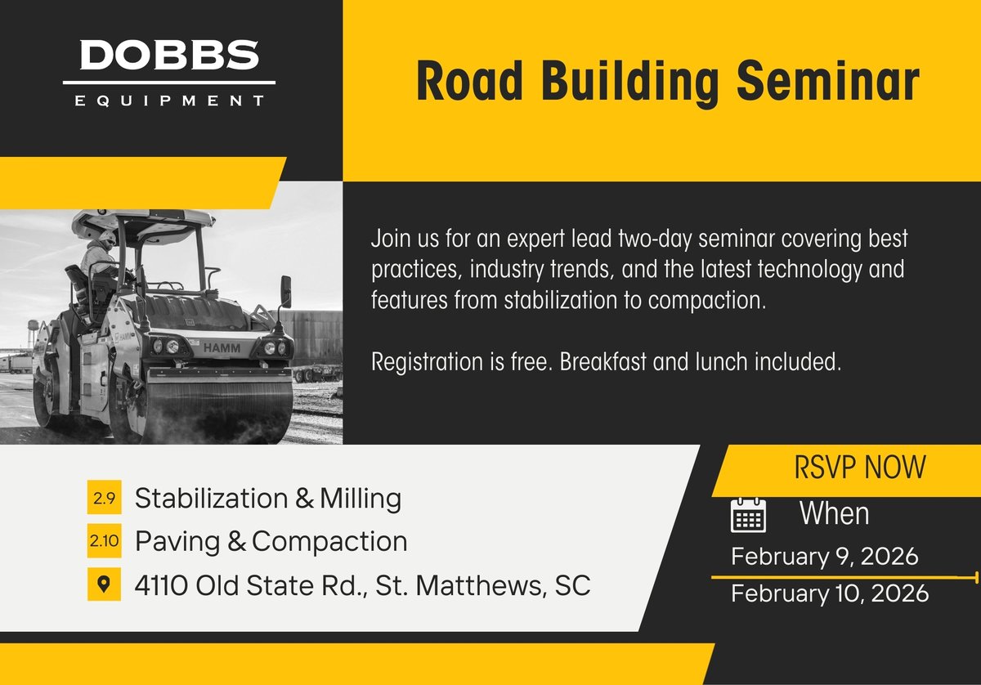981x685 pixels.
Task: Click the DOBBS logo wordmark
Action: (x=169, y=56)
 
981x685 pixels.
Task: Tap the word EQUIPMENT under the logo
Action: (x=169, y=101)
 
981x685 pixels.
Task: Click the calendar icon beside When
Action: (x=747, y=515)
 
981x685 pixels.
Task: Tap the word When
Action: (x=834, y=514)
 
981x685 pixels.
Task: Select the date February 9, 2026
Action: (x=825, y=557)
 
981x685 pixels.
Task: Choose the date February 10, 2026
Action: (x=830, y=593)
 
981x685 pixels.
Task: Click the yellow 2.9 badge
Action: (x=104, y=498)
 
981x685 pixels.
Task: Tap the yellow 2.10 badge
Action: (x=104, y=541)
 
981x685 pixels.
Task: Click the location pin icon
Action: (x=104, y=584)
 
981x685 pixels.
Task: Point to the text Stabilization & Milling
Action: (x=267, y=498)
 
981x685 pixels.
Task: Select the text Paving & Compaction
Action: (x=271, y=541)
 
